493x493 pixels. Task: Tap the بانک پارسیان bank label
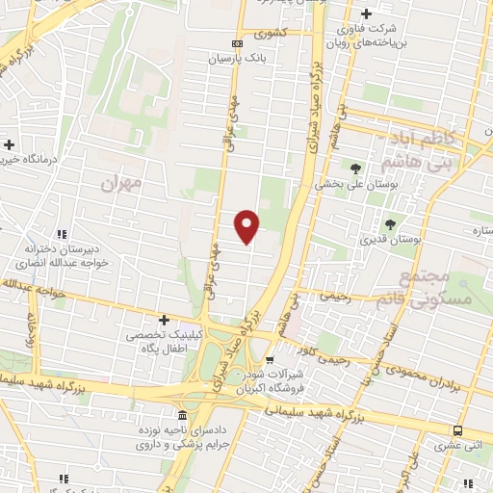(x=237, y=58)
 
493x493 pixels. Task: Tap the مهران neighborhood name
(x=121, y=181)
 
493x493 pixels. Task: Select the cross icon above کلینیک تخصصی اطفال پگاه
(x=164, y=319)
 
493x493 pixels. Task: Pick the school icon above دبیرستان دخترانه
(x=62, y=234)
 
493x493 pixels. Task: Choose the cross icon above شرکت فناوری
(x=364, y=14)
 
